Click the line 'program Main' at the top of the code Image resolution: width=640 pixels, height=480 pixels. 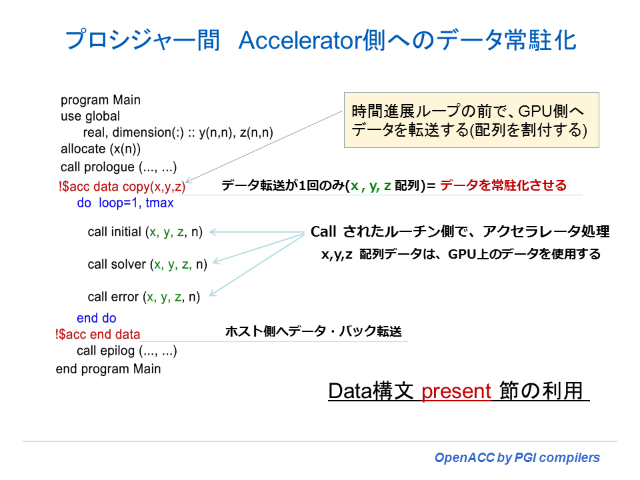coord(101,100)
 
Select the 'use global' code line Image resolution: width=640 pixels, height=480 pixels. coord(91,116)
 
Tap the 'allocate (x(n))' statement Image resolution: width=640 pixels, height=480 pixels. coord(101,149)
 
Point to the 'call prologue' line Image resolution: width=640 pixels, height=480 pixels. coord(119,167)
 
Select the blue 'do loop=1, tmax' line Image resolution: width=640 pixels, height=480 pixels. coord(125,203)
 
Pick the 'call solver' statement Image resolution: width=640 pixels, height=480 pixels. coord(147,265)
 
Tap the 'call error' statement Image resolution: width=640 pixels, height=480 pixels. coord(143,297)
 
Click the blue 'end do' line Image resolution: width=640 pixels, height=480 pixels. coord(97,319)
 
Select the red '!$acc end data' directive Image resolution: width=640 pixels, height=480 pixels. coord(98,335)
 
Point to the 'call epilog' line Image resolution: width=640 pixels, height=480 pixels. coord(127,351)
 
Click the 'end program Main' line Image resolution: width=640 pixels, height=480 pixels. coord(108,369)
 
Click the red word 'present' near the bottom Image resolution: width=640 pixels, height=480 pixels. coord(456,391)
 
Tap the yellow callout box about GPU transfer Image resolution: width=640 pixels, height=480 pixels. coord(471,120)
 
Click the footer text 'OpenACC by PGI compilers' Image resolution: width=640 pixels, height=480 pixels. coord(517,458)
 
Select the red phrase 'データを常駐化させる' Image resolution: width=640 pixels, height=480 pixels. coord(503,185)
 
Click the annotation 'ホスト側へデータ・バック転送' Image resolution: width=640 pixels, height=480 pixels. coord(313,331)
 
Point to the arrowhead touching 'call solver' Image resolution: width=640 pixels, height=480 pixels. coord(217,263)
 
